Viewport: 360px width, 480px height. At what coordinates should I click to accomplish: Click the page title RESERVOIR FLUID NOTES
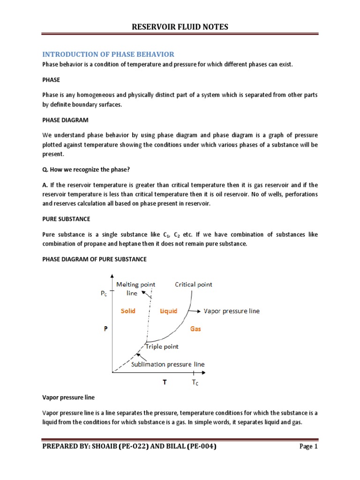tap(180, 27)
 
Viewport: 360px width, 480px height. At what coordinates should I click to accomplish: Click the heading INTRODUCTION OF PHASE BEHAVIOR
tap(108, 54)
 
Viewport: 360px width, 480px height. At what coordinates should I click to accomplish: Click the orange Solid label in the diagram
tap(128, 311)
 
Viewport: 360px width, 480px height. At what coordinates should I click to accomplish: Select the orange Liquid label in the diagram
tap(168, 311)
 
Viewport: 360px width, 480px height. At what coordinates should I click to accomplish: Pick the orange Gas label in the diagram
tap(195, 329)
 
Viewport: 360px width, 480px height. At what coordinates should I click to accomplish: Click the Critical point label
tap(193, 284)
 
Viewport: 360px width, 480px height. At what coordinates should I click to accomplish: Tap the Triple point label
tap(161, 347)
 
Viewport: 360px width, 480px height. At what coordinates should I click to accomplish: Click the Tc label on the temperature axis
tap(195, 382)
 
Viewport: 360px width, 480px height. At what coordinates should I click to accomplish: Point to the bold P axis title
tap(105, 329)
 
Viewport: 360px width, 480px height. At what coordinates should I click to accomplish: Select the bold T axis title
tap(164, 382)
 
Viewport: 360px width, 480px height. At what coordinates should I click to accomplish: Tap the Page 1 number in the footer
tap(309, 447)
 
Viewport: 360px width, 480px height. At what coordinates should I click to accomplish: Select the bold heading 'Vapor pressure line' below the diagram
tap(68, 397)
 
